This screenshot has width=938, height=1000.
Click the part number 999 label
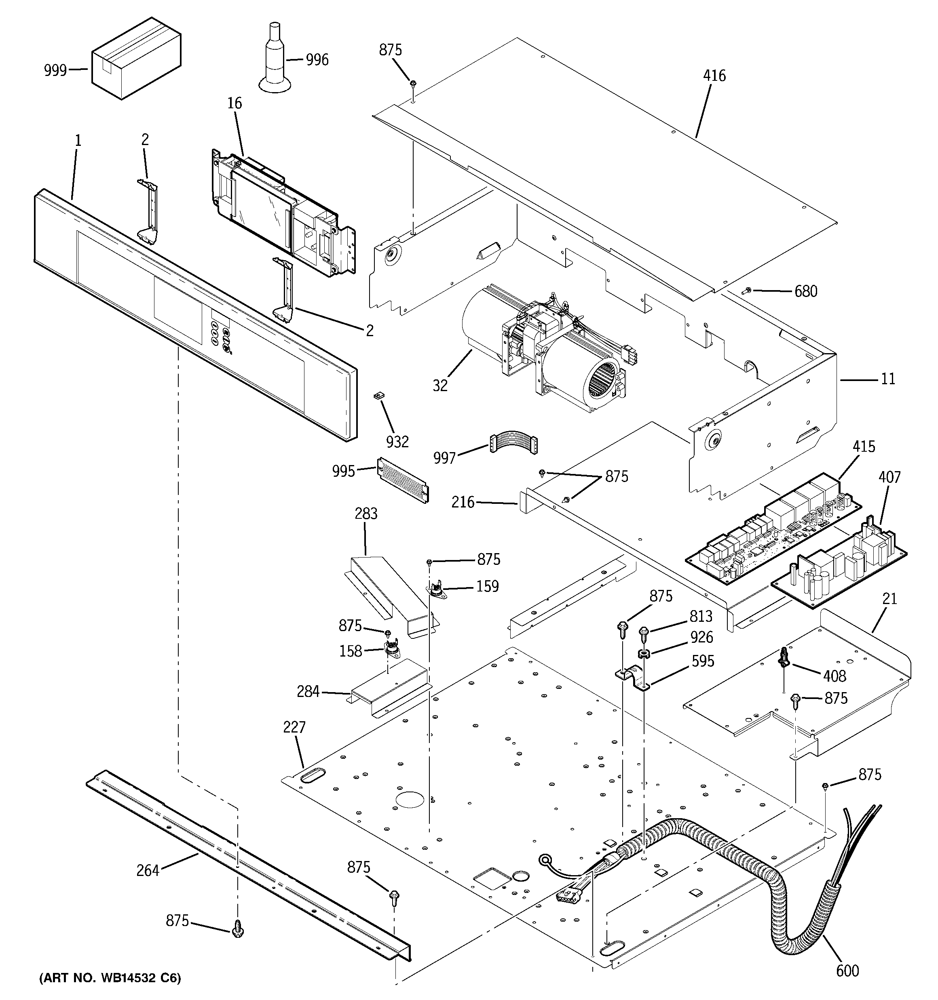(55, 70)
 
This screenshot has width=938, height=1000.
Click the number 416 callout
(714, 76)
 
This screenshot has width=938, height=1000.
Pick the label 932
(397, 442)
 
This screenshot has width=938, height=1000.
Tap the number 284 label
(308, 692)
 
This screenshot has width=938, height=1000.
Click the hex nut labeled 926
(643, 654)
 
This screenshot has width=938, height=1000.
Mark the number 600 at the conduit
(847, 971)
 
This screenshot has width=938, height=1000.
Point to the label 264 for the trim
(148, 870)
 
